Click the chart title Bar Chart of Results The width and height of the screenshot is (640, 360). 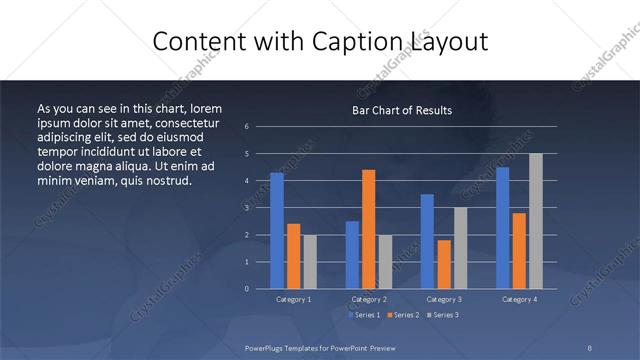401,110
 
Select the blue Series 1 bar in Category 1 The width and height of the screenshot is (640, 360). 277,231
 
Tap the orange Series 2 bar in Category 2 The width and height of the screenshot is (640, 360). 368,229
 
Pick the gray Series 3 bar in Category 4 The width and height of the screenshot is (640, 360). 535,221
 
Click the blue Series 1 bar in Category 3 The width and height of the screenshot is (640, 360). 428,241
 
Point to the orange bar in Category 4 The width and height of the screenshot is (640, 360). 519,250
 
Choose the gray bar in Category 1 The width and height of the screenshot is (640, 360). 309,261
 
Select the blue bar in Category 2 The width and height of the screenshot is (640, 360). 352,255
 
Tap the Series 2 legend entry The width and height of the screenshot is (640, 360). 403,315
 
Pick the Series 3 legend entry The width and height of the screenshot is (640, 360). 442,315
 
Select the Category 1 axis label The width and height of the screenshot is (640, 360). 293,299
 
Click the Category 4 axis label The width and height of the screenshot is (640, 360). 519,299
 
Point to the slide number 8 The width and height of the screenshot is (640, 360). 589,347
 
